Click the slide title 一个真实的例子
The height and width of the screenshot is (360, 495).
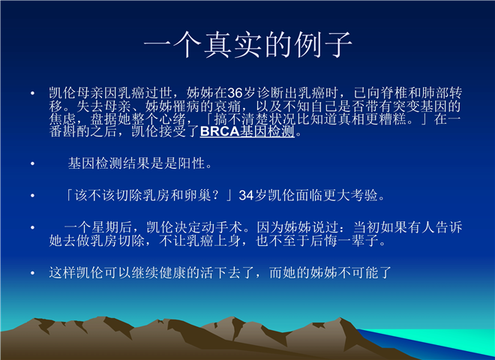[x=248, y=44]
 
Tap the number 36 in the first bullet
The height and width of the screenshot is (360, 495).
[x=235, y=93]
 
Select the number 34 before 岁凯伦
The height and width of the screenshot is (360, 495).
[x=246, y=196]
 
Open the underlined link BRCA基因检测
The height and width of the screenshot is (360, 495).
[x=247, y=131]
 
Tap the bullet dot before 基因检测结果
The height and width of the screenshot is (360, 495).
[x=32, y=163]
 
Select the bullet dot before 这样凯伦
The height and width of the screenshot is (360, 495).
[x=32, y=273]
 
